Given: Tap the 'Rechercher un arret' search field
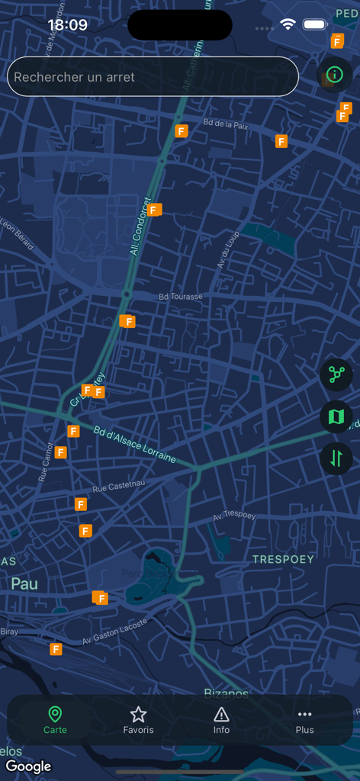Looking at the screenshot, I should [x=153, y=77].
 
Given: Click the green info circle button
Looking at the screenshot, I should [x=334, y=75].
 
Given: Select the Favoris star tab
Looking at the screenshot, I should [x=138, y=719].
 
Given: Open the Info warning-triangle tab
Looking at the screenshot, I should [x=221, y=719].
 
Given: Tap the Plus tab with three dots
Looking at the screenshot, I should [x=304, y=719].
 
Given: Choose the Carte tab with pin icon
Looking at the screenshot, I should [x=55, y=719].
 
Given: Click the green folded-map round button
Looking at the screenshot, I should [x=336, y=416].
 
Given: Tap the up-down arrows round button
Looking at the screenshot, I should [x=336, y=458].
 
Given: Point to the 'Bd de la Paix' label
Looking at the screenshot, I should [x=226, y=124].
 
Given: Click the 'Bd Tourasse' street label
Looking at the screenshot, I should [x=181, y=296].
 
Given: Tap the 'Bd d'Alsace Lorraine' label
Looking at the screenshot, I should [x=135, y=444].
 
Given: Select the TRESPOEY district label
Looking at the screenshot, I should [x=283, y=559].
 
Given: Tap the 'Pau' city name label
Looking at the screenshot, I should [x=24, y=583].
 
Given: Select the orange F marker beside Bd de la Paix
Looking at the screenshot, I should [x=182, y=131].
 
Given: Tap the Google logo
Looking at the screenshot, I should [x=29, y=766].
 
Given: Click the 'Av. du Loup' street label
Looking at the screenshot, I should [x=228, y=249].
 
